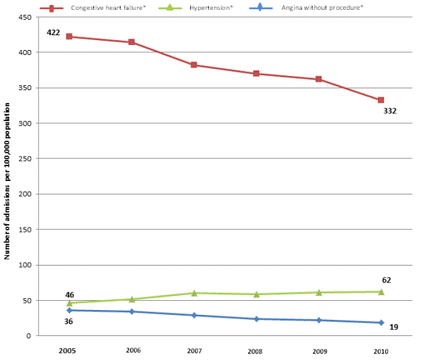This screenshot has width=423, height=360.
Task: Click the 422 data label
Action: click(x=54, y=33)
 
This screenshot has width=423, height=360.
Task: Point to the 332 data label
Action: click(x=390, y=111)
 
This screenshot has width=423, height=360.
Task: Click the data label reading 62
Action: click(x=386, y=280)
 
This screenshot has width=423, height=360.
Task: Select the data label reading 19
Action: click(x=394, y=328)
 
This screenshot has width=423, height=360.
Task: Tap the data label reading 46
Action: click(x=69, y=294)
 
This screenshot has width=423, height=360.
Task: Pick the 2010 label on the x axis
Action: click(x=381, y=349)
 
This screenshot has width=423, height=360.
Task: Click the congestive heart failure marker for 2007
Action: click(x=194, y=65)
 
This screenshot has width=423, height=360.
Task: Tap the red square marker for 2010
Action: click(x=381, y=100)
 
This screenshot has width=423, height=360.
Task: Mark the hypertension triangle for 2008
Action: click(x=256, y=294)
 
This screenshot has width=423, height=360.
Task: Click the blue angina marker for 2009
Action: click(x=319, y=320)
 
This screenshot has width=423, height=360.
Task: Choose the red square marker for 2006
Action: click(x=131, y=42)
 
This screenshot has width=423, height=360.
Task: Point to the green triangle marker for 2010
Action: click(x=381, y=291)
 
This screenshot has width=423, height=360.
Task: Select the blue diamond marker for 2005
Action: click(x=69, y=310)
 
